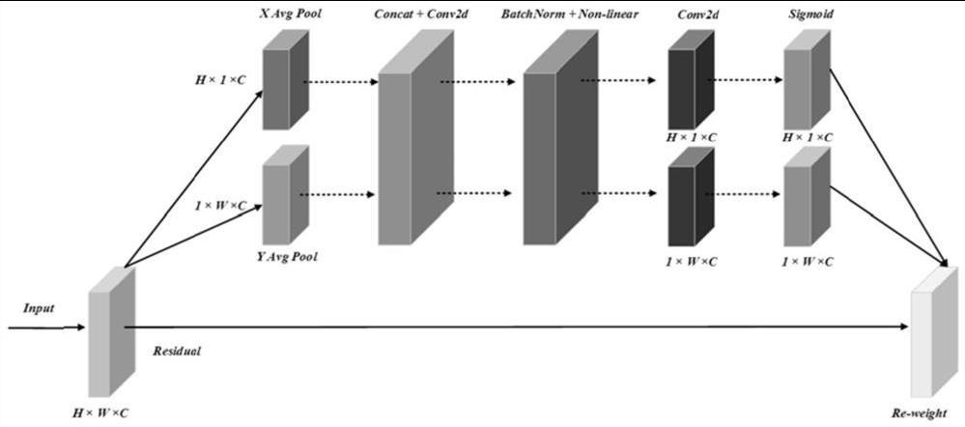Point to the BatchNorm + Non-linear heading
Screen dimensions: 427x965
(569, 15)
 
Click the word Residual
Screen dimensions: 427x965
(177, 352)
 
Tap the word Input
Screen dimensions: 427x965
(39, 308)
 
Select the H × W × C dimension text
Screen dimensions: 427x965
(100, 413)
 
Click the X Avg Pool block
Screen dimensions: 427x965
(286, 82)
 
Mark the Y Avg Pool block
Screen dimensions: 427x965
(286, 197)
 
